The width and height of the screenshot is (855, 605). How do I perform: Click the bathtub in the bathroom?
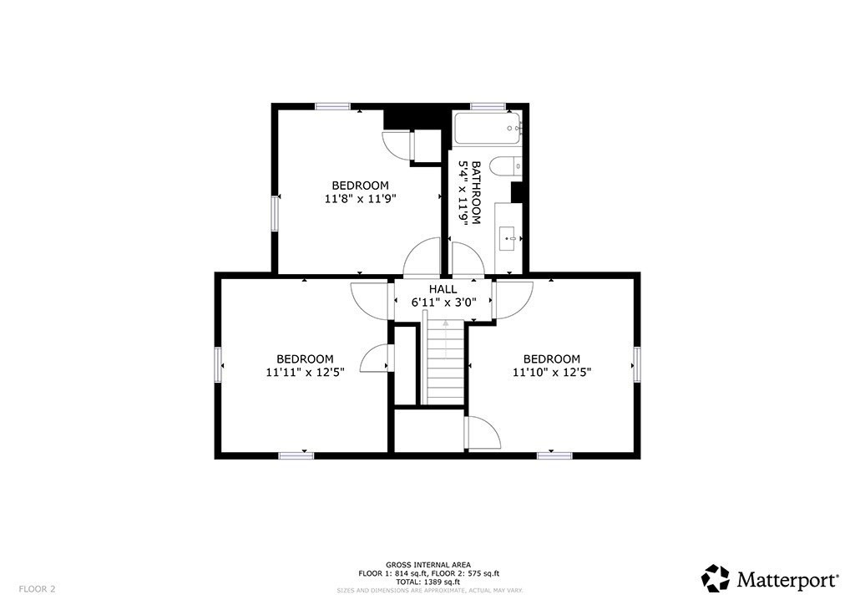[x=487, y=128]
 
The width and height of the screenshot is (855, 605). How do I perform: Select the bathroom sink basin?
[x=508, y=238]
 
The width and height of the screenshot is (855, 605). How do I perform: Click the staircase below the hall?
[x=446, y=362]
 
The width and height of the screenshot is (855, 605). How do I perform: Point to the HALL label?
[x=443, y=289]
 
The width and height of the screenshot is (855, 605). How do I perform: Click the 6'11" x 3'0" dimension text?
[x=444, y=302]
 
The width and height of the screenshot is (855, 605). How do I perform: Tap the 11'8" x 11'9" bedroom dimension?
[x=360, y=199]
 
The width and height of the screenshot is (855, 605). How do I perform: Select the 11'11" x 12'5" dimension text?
[x=306, y=373]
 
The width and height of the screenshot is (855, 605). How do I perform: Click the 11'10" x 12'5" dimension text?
[x=552, y=373]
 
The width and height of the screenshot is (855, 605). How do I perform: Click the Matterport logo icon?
[x=716, y=578]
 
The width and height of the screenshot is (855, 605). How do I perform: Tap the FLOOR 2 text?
[x=37, y=589]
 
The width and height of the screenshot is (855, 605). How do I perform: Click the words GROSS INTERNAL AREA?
[x=428, y=565]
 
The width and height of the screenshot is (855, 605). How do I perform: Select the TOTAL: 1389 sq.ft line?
[x=428, y=582]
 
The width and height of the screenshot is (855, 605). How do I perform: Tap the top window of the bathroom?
[x=488, y=106]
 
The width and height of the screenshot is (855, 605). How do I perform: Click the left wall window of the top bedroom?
[x=276, y=213]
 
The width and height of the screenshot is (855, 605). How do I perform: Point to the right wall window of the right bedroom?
[x=636, y=364]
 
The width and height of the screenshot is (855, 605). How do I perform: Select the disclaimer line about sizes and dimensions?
[x=430, y=590]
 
